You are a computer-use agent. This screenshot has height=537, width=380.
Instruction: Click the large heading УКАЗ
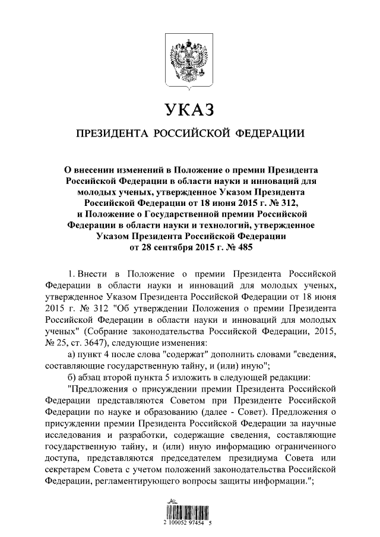[189, 110]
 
